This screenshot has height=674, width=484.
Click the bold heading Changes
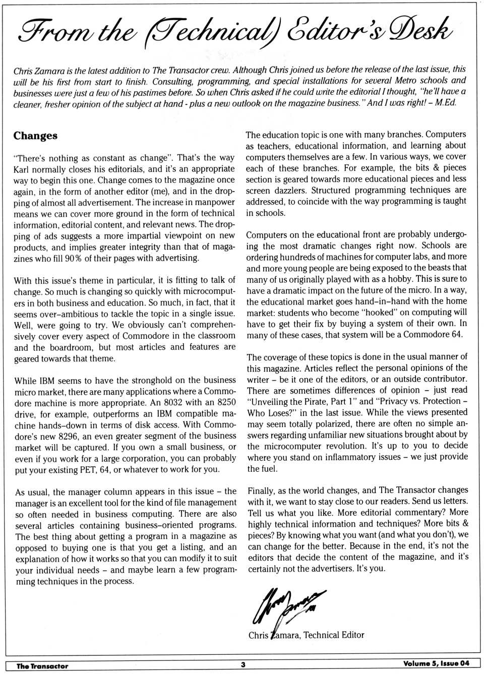tap(35, 136)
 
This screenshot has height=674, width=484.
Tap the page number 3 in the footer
tap(243, 664)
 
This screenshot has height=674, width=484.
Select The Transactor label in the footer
tap(42, 665)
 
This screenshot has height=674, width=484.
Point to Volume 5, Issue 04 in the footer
tap(436, 663)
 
